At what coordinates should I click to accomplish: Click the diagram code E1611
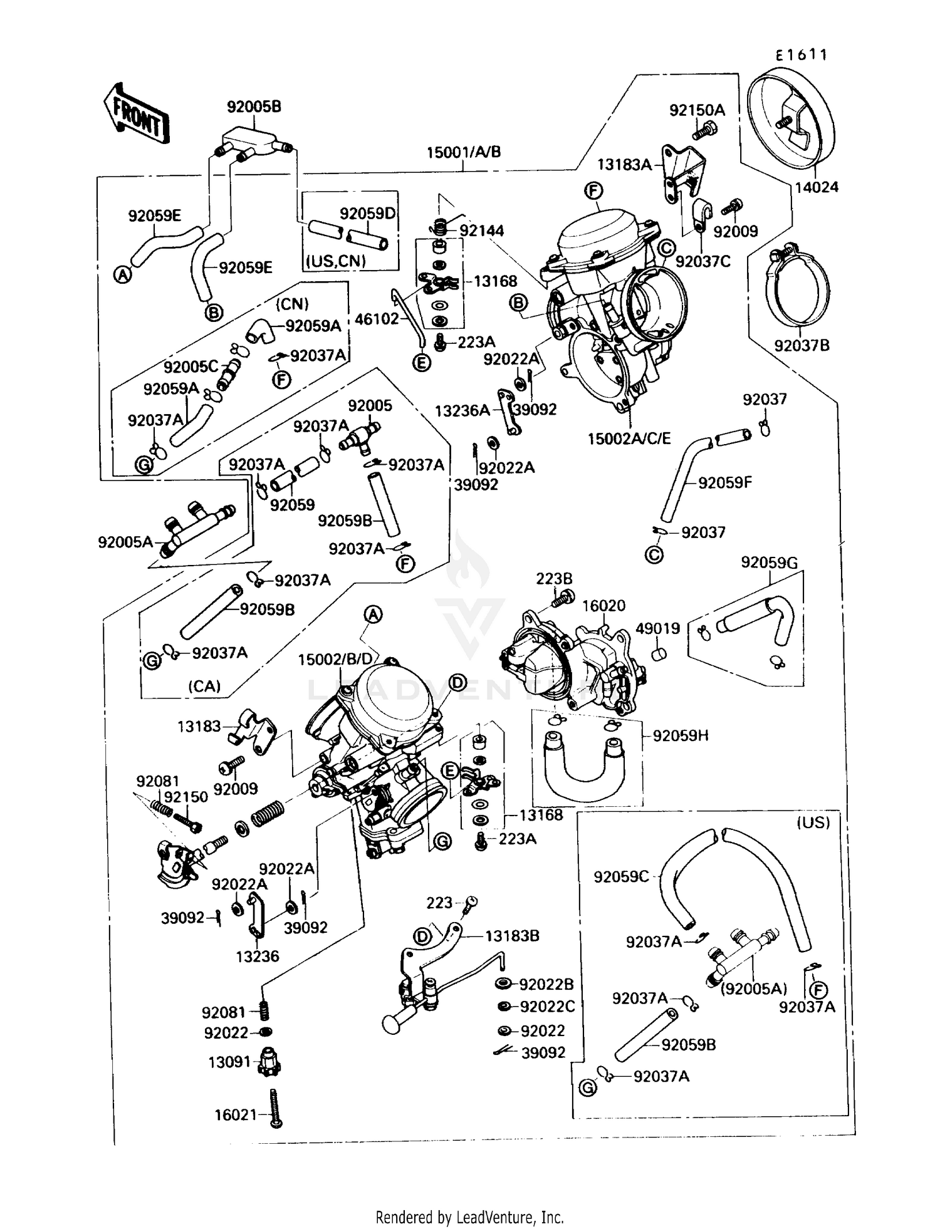click(801, 55)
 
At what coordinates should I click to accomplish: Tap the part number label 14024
click(817, 187)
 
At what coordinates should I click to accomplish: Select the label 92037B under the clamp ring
click(802, 345)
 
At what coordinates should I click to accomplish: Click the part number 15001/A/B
click(463, 152)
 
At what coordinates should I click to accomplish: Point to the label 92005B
click(254, 106)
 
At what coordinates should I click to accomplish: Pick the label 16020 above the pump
click(603, 606)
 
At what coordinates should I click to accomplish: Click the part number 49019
click(657, 628)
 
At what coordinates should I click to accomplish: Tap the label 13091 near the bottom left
click(229, 1062)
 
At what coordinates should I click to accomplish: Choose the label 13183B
click(512, 936)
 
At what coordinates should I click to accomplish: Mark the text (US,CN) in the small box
click(335, 261)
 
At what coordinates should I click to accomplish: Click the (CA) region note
click(204, 686)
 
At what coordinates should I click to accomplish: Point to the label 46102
click(377, 319)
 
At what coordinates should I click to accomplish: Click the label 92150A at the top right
click(697, 110)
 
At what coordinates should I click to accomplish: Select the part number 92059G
click(769, 563)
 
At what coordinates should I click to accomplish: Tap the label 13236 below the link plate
click(258, 957)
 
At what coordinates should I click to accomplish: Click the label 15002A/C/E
click(629, 438)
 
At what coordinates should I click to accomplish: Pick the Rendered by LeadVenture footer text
click(469, 1217)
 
